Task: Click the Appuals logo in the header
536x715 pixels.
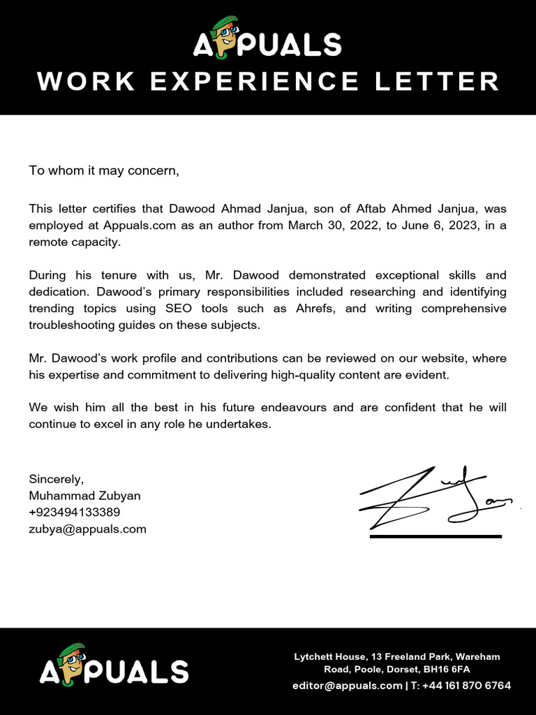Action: click(267, 39)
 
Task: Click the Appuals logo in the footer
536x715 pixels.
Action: click(114, 667)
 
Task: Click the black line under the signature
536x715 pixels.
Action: click(435, 536)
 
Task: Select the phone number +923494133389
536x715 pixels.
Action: click(74, 513)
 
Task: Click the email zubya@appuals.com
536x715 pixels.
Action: click(87, 529)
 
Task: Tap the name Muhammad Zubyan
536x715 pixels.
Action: click(84, 496)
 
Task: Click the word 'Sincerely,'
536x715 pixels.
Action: click(56, 479)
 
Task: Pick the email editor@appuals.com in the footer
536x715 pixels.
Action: click(347, 686)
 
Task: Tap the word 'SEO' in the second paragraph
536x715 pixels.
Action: click(184, 309)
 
